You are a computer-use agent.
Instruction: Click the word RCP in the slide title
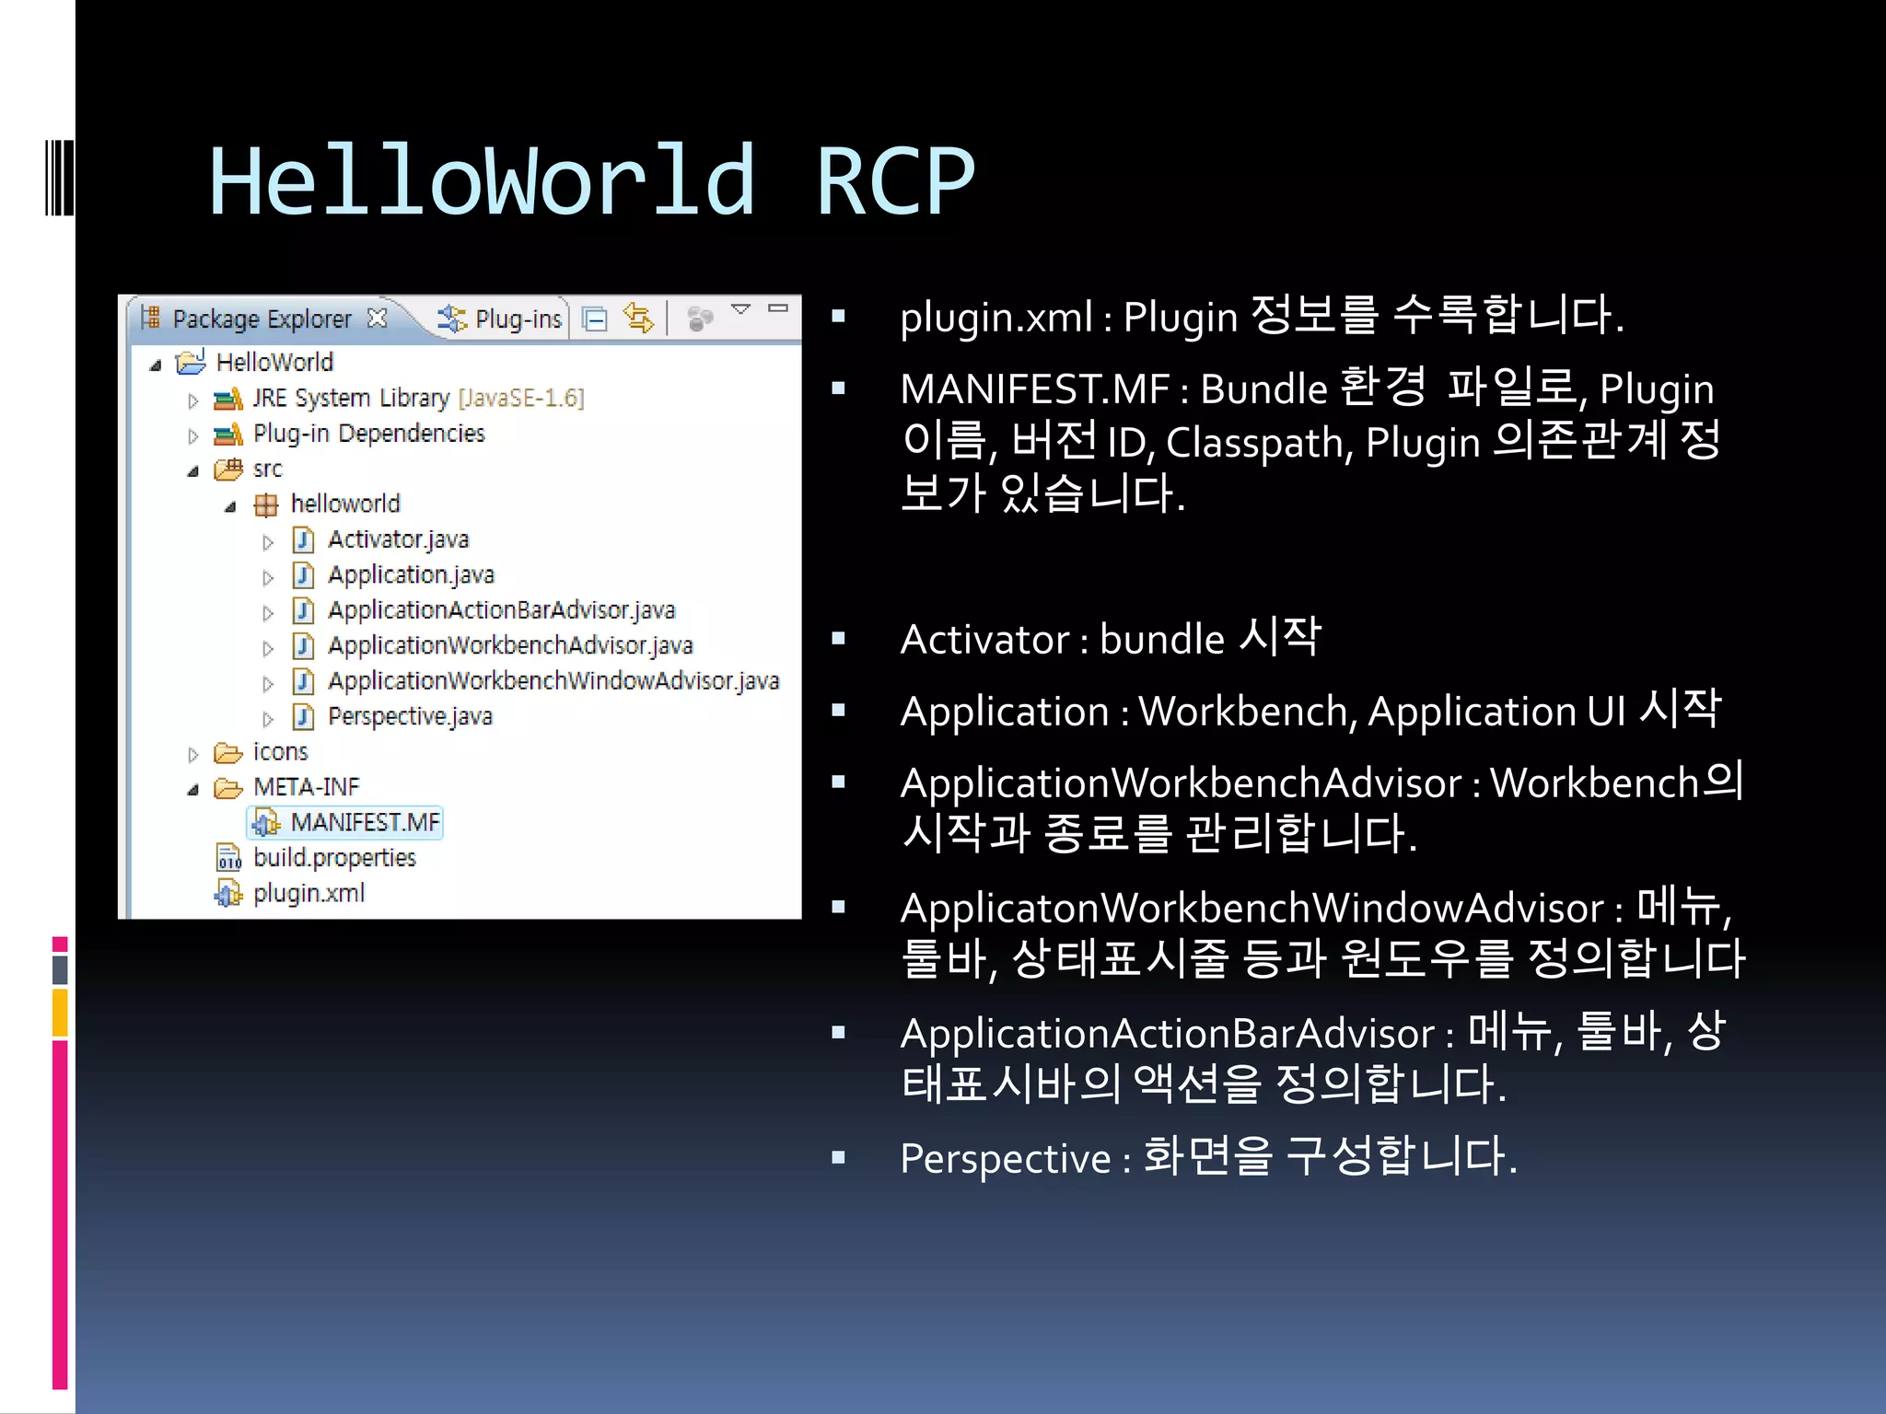(895, 182)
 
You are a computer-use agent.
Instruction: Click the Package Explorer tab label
(262, 319)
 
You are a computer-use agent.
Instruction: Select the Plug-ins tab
(518, 319)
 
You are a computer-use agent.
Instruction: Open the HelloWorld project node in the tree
(274, 362)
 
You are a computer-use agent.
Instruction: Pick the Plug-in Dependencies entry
(368, 434)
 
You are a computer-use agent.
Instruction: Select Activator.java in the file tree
(398, 539)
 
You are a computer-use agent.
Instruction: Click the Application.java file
(411, 575)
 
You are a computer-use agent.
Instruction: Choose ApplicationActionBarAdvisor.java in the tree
(501, 610)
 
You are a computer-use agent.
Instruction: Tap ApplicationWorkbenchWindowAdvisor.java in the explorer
(553, 681)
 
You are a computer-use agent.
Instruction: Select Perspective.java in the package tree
(410, 716)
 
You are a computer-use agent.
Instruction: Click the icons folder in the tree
(280, 752)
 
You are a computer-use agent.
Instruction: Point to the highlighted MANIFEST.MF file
(365, 822)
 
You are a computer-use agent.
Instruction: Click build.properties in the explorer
(334, 858)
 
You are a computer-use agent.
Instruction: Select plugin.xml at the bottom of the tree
(309, 893)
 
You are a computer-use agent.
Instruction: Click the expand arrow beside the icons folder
(192, 755)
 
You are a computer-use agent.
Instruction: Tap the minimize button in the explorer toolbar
(778, 309)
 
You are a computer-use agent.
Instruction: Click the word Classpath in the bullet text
(1258, 443)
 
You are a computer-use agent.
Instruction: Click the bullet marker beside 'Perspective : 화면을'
(838, 1158)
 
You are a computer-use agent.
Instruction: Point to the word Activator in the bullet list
(984, 640)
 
